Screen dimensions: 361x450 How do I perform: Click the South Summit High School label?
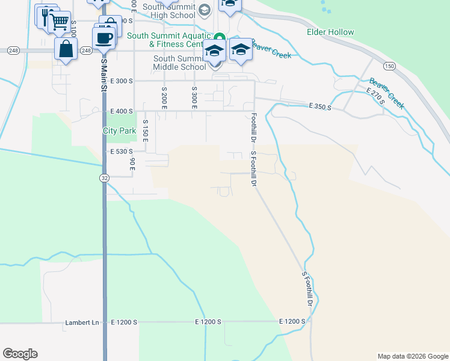169,10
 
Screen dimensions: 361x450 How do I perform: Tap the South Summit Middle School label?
179,63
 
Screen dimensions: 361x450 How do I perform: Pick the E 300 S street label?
121,81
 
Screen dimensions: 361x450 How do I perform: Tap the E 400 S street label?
121,111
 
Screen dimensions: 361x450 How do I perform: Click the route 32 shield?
104,178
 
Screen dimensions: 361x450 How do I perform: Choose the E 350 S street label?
321,106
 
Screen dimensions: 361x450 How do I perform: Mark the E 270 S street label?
376,96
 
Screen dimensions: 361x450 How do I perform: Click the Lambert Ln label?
82,323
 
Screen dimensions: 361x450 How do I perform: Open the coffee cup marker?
103,38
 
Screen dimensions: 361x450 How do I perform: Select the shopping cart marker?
59,22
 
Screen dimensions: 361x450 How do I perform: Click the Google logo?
20,354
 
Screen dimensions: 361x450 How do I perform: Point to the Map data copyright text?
412,356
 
